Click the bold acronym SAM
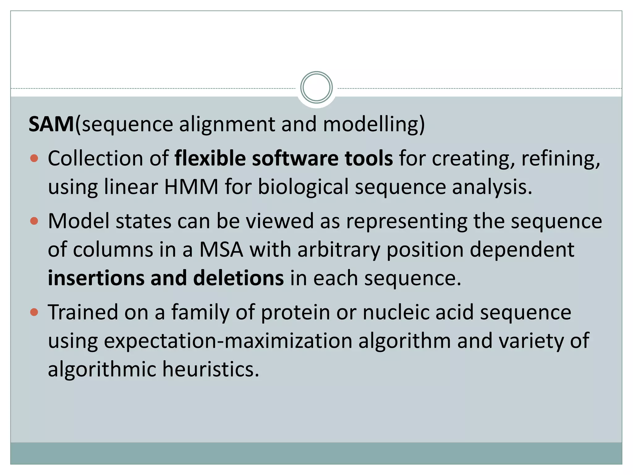point(51,124)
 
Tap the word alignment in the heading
point(227,124)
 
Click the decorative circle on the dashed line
point(316,88)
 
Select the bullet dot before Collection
point(34,159)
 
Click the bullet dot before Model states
point(34,221)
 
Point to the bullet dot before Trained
point(34,312)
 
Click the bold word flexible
point(210,158)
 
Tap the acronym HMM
point(191,187)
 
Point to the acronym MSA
point(221,250)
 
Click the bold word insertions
point(96,278)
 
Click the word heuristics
point(211,369)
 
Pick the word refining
point(560,159)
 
